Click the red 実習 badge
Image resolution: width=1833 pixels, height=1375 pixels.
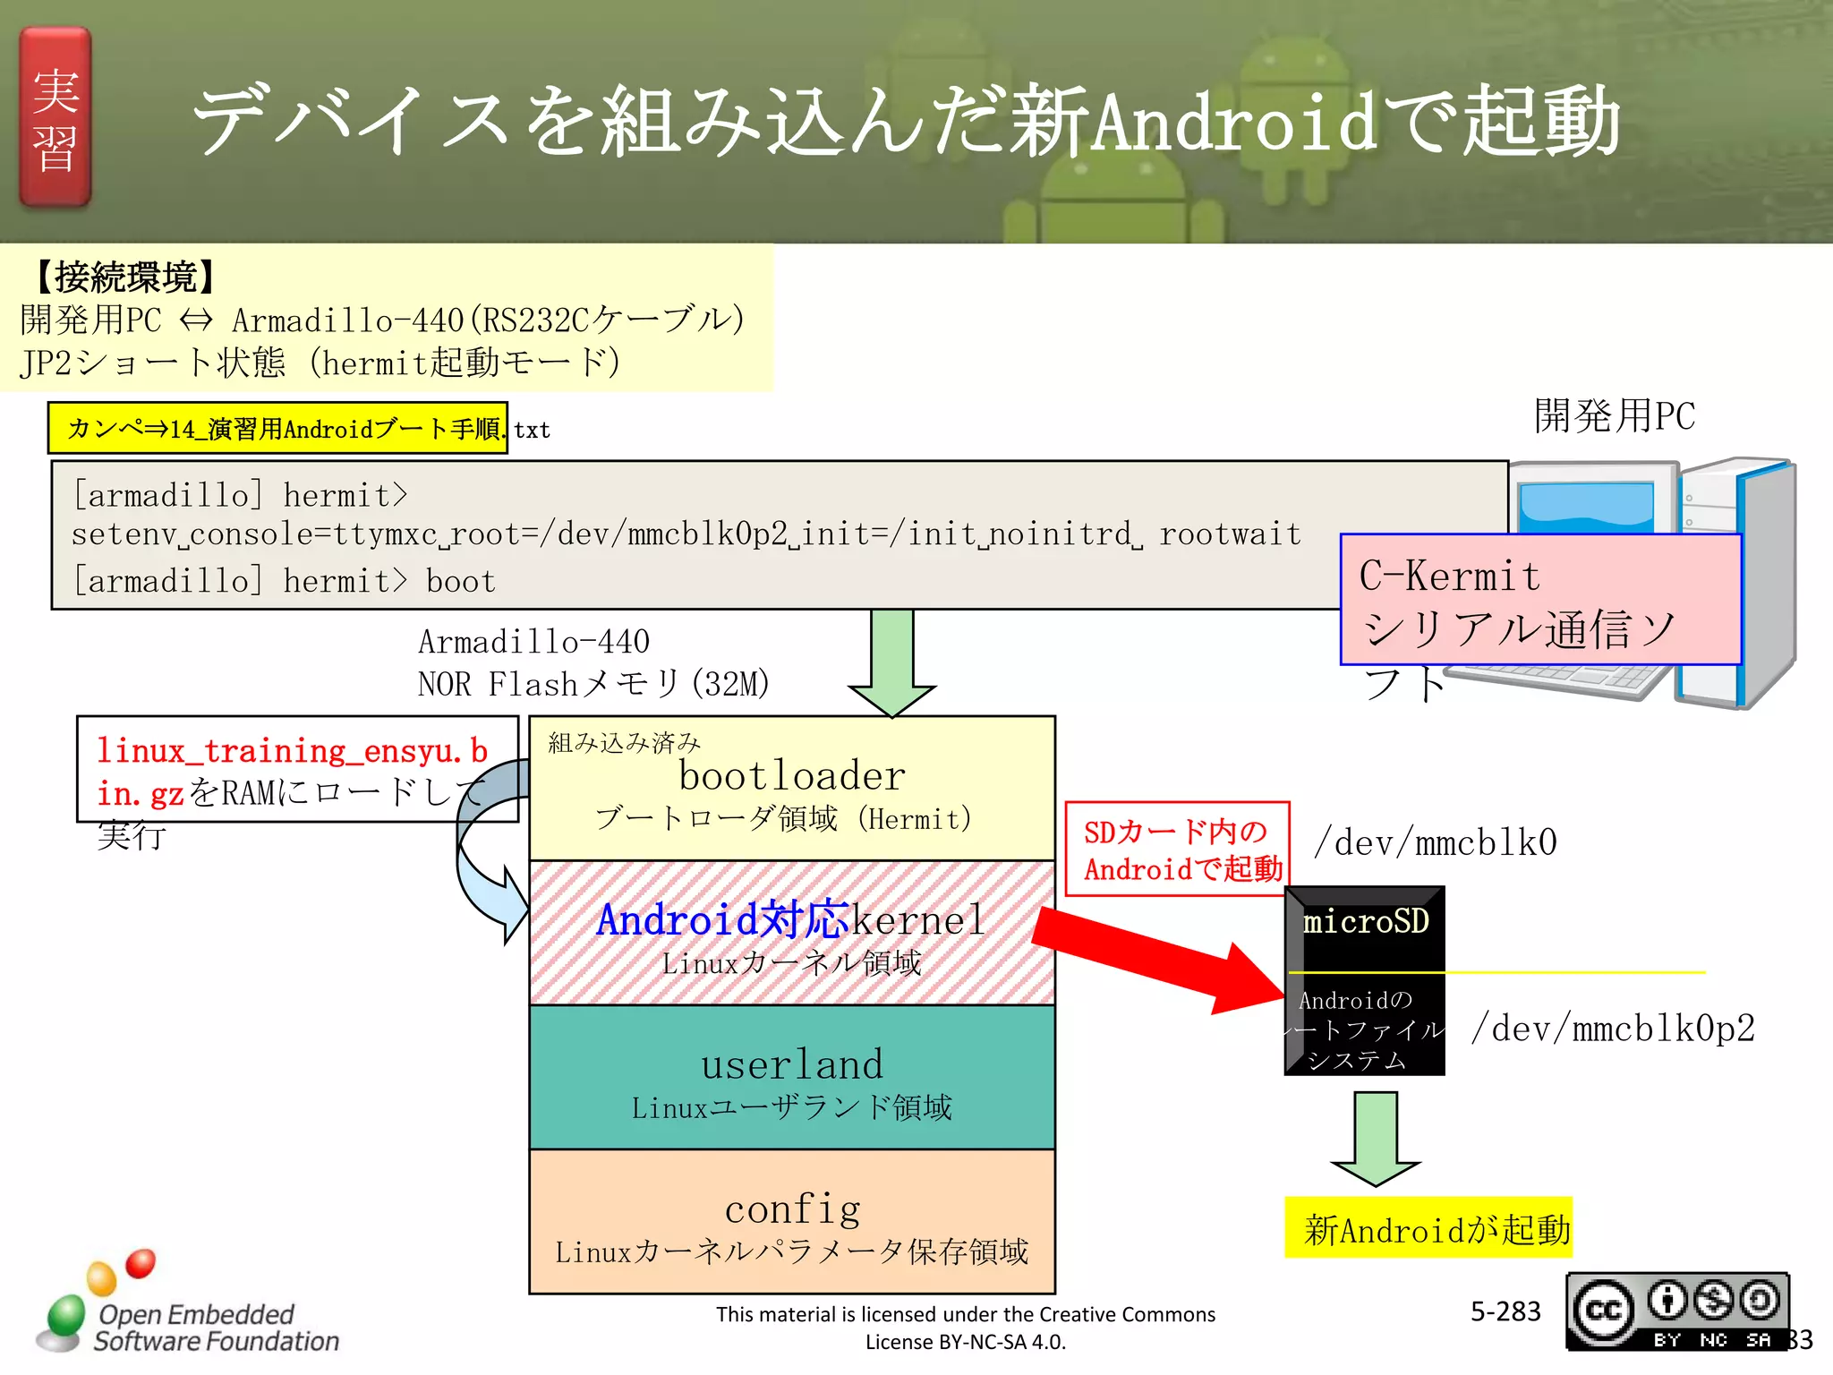coord(55,117)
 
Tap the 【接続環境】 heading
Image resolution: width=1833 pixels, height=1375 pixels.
coord(125,278)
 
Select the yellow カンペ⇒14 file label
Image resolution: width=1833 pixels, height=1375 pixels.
coord(277,429)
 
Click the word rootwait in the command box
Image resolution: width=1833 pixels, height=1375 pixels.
coord(1230,534)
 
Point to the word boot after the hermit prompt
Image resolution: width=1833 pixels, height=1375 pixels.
coord(460,582)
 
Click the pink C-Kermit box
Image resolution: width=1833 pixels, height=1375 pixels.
coord(1539,600)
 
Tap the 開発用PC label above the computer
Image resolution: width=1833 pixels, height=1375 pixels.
coord(1614,416)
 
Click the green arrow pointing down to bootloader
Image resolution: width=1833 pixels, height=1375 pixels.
coord(891,662)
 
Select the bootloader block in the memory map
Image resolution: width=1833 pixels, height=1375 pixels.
coord(791,788)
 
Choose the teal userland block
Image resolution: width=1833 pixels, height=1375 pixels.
coord(791,1078)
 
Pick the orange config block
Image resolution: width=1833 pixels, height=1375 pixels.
coord(791,1222)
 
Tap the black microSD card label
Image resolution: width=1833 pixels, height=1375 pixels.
coord(1365,922)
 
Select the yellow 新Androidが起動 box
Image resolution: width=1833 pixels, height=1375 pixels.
coord(1428,1228)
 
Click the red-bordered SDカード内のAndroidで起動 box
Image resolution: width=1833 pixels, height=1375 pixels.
coord(1178,849)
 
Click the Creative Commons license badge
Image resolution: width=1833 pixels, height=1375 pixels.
coord(1677,1311)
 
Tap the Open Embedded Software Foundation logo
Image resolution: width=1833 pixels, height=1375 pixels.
coord(188,1307)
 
